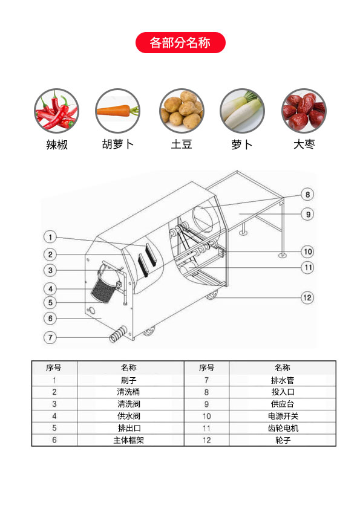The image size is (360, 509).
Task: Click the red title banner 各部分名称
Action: (x=180, y=42)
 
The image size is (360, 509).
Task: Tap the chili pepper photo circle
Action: (x=56, y=111)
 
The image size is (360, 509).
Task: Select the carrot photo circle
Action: (x=117, y=111)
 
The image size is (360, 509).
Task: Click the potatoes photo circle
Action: (x=182, y=111)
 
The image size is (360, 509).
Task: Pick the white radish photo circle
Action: (x=243, y=111)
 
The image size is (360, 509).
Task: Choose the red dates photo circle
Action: (x=304, y=111)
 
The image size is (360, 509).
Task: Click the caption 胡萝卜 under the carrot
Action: (x=117, y=144)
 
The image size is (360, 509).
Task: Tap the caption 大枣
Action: (x=304, y=144)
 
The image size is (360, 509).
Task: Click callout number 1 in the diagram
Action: (x=50, y=237)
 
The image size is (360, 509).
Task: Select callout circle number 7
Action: (x=50, y=337)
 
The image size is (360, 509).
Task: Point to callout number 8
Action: (x=307, y=195)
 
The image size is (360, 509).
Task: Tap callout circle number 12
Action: (x=307, y=297)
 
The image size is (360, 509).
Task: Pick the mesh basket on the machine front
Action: (x=104, y=290)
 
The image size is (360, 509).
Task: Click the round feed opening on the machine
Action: (x=204, y=218)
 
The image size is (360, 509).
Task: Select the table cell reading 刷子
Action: (x=129, y=380)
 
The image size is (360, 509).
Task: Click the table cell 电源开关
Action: (x=283, y=416)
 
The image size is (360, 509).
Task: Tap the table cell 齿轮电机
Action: (x=283, y=428)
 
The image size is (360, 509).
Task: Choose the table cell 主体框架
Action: (x=129, y=440)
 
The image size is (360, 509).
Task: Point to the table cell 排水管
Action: (x=283, y=380)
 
